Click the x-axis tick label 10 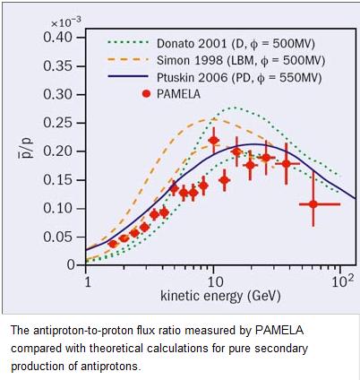click(x=213, y=281)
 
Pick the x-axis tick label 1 click(x=87, y=281)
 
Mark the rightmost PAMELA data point click(x=313, y=204)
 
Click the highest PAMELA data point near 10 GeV click(x=213, y=141)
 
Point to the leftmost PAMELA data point click(x=113, y=244)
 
